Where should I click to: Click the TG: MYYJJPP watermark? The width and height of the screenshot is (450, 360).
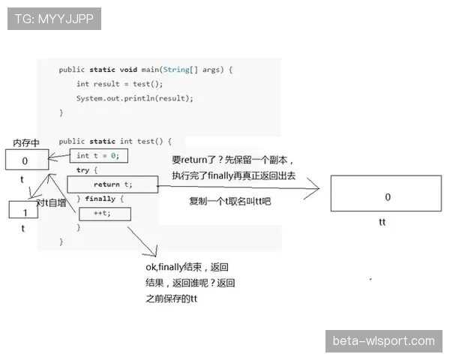[54, 19]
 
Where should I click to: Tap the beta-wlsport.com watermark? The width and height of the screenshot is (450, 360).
[384, 341]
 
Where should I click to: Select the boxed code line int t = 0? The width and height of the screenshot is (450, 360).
[99, 156]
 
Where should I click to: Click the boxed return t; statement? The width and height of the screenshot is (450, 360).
[112, 184]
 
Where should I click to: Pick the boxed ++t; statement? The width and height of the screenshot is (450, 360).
[105, 214]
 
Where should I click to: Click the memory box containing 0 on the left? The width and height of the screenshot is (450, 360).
[27, 160]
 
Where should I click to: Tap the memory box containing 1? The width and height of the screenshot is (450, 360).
[23, 209]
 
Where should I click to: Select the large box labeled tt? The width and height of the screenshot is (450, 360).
[386, 193]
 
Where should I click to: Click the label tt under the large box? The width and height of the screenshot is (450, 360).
[382, 222]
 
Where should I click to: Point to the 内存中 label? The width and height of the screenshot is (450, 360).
[26, 142]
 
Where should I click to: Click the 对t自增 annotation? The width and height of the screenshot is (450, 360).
[51, 203]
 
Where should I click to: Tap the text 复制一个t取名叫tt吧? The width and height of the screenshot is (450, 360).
[230, 201]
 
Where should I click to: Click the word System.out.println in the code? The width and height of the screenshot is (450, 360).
[115, 98]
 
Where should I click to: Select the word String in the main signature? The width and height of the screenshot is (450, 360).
[176, 70]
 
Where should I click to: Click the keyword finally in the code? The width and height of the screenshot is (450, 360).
[100, 199]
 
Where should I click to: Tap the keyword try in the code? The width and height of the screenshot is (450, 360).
[83, 170]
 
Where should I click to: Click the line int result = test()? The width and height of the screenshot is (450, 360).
[120, 84]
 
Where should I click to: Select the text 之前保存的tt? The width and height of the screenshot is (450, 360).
[171, 298]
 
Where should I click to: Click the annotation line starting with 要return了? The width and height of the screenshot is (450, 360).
[232, 160]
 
